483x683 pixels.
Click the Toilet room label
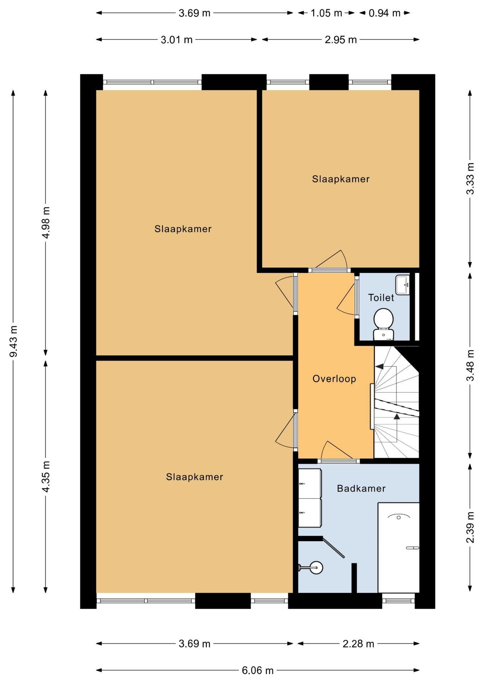(381, 298)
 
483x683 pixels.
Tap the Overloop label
(334, 379)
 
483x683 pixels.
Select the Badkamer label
(361, 488)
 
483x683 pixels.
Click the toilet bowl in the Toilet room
(383, 324)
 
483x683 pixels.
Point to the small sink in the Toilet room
(403, 285)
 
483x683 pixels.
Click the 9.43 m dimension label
(14, 341)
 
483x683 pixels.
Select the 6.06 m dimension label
(258, 671)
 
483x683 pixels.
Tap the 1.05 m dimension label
(327, 13)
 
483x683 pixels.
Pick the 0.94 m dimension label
(384, 13)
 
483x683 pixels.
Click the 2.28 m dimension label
(359, 644)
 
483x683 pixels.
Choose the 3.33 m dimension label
(470, 179)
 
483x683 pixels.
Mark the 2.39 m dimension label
(470, 528)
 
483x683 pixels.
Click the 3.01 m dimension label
(177, 40)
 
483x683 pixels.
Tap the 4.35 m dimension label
(46, 477)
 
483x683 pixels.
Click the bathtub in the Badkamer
(399, 548)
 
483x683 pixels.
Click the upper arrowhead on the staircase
(379, 366)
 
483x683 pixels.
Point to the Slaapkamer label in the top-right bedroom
(341, 179)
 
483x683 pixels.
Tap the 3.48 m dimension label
(470, 365)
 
